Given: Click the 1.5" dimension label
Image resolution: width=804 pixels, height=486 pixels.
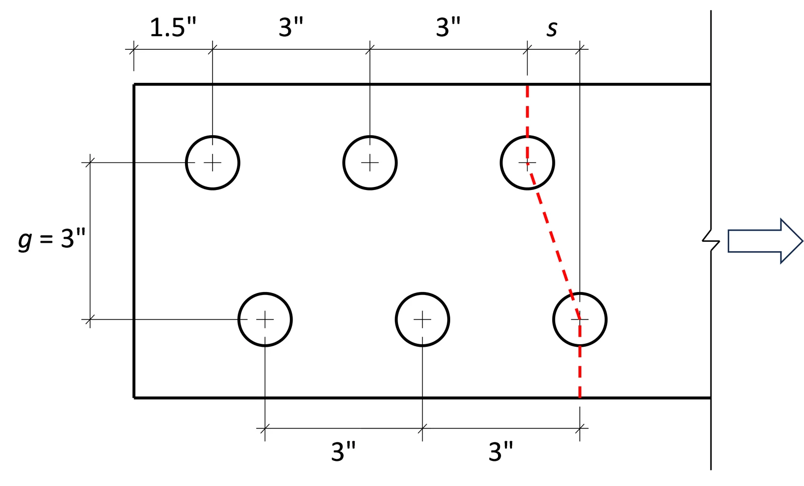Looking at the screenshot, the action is [x=173, y=27].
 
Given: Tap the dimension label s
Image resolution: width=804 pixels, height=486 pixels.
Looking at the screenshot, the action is [x=552, y=29].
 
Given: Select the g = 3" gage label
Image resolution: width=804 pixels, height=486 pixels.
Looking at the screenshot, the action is [x=52, y=238].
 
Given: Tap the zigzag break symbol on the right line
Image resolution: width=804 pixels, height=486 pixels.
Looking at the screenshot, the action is [x=711, y=241].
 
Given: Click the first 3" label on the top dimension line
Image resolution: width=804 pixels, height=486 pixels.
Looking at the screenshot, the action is [x=291, y=27].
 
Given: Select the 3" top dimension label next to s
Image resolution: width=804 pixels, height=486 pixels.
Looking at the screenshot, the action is [x=448, y=27].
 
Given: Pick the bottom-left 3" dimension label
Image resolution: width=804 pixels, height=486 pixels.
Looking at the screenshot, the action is [x=344, y=451].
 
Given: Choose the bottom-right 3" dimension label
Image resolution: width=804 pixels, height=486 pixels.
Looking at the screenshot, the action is [x=501, y=451].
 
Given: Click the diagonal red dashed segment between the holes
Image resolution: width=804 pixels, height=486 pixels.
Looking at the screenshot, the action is [x=553, y=241].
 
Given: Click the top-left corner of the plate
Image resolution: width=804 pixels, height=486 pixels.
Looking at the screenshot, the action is [x=134, y=85].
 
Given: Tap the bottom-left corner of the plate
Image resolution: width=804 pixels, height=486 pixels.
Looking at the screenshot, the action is [x=134, y=398].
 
